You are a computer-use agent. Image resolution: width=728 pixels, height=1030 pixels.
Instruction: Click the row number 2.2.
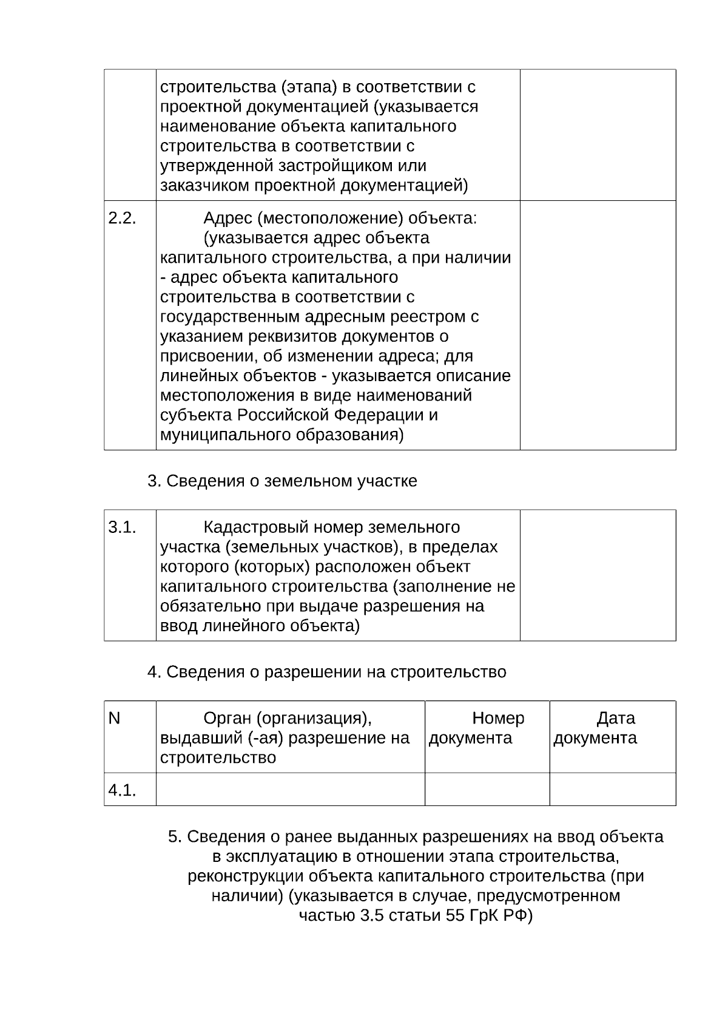tap(122, 219)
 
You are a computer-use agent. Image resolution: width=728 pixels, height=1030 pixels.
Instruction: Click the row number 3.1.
tap(122, 527)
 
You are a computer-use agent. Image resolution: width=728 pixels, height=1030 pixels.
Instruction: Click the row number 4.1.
tap(122, 790)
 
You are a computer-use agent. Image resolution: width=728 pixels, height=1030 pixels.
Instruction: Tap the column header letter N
tap(114, 719)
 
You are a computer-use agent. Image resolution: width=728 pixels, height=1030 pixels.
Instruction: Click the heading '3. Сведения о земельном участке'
tap(282, 481)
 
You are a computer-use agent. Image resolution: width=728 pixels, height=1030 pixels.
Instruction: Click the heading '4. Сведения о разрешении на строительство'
tap(326, 673)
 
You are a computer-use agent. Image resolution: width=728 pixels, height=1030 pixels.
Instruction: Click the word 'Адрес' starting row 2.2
tap(223, 219)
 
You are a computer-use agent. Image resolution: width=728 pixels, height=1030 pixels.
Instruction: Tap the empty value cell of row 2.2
tap(598, 325)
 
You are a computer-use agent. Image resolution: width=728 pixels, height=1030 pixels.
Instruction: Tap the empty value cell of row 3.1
tap(598, 575)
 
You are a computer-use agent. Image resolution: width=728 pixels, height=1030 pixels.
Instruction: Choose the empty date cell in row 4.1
tap(612, 789)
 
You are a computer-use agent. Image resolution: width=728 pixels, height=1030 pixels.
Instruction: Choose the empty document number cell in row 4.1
tap(487, 789)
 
